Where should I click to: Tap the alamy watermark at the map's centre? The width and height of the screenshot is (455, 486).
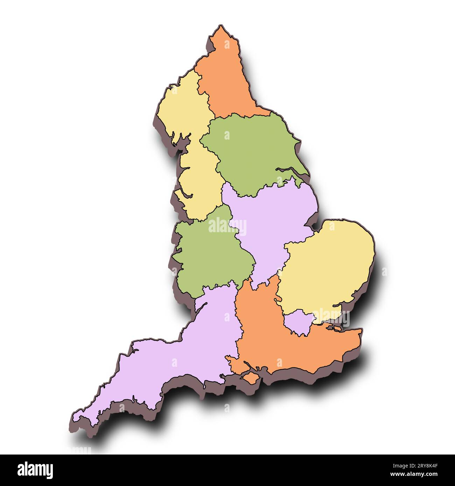(227, 225)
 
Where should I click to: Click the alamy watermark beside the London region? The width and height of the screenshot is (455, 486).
(332, 316)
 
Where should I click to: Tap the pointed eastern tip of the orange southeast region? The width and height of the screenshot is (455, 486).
(361, 330)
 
